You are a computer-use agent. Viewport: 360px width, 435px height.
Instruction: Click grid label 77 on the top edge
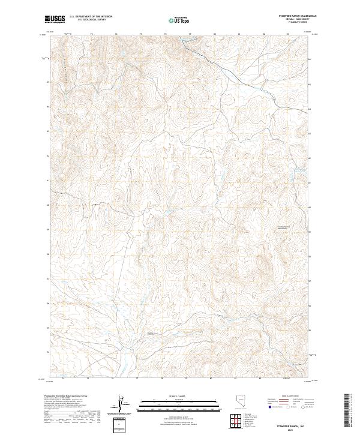(x=141, y=34)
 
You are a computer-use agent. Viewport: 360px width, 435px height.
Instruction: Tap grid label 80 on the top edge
(x=215, y=34)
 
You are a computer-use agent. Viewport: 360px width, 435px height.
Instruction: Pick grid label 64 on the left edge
(x=47, y=107)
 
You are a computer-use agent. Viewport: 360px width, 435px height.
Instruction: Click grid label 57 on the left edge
(x=47, y=278)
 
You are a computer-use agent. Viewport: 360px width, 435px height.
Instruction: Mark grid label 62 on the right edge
(x=310, y=156)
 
